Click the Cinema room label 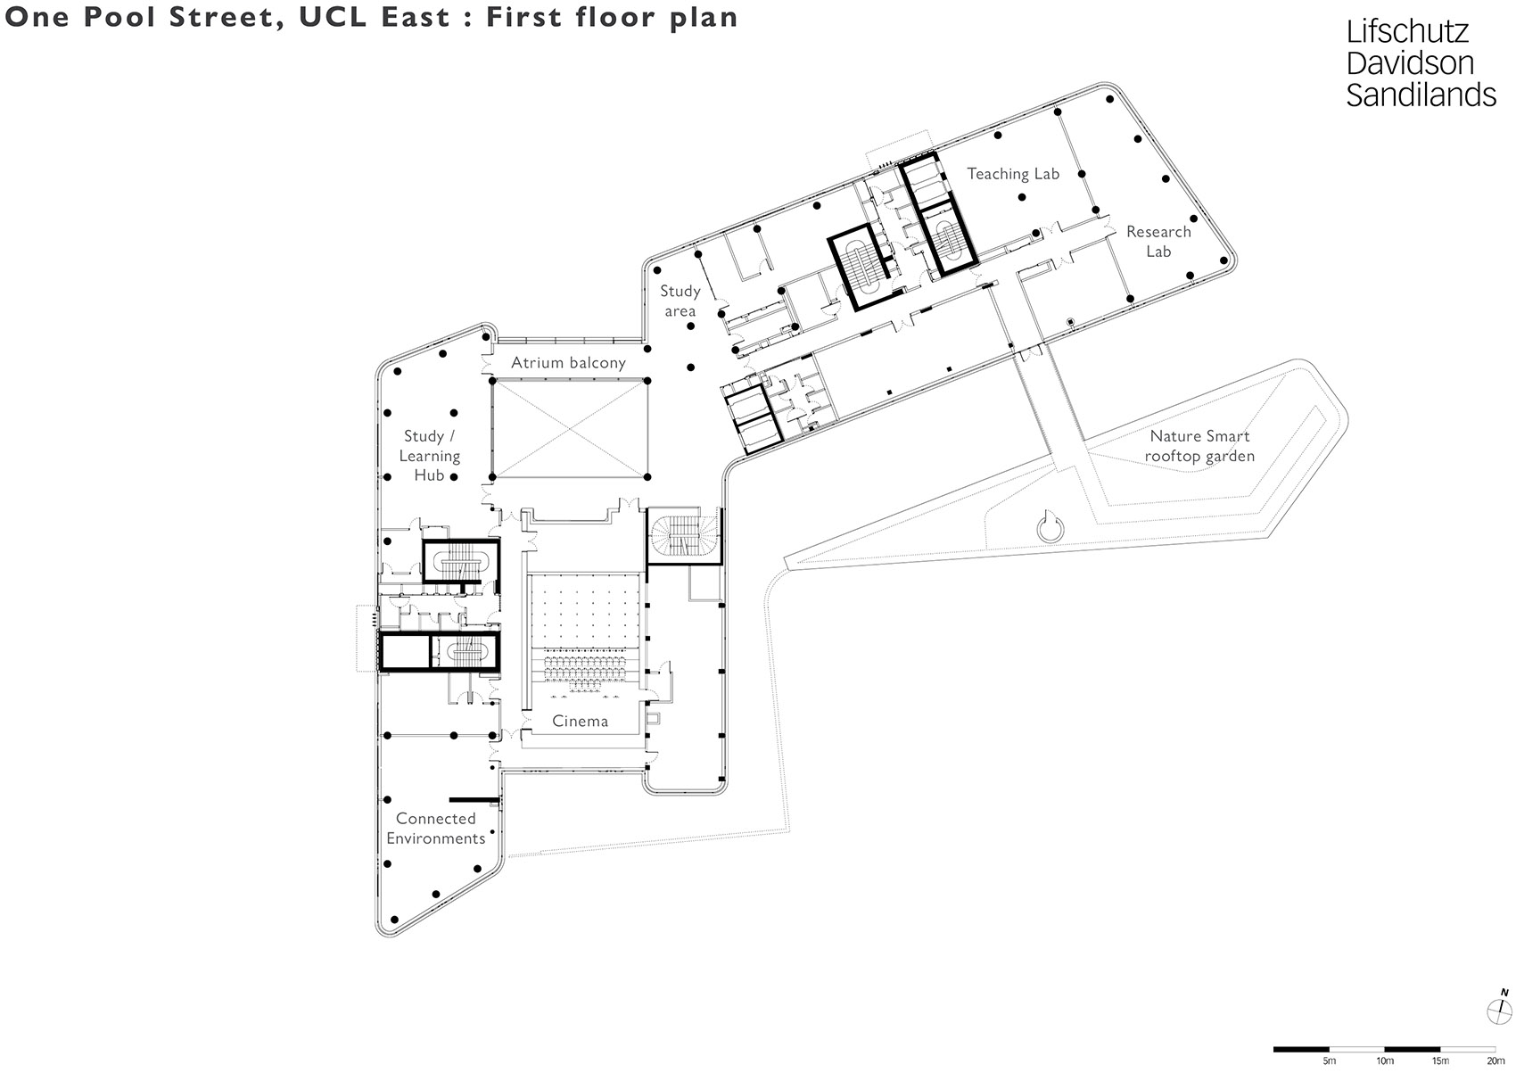click(581, 721)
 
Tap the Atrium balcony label click(568, 363)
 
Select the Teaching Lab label click(1013, 174)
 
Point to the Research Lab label click(1158, 242)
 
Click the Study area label click(680, 301)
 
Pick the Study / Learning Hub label click(430, 456)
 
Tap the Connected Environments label click(436, 829)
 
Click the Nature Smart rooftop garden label click(1199, 446)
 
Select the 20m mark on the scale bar click(1495, 1061)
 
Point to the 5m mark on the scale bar click(1329, 1061)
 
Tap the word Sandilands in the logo click(1421, 95)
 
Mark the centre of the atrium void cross click(569, 427)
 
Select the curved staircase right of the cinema click(682, 536)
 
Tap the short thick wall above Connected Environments click(473, 798)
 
